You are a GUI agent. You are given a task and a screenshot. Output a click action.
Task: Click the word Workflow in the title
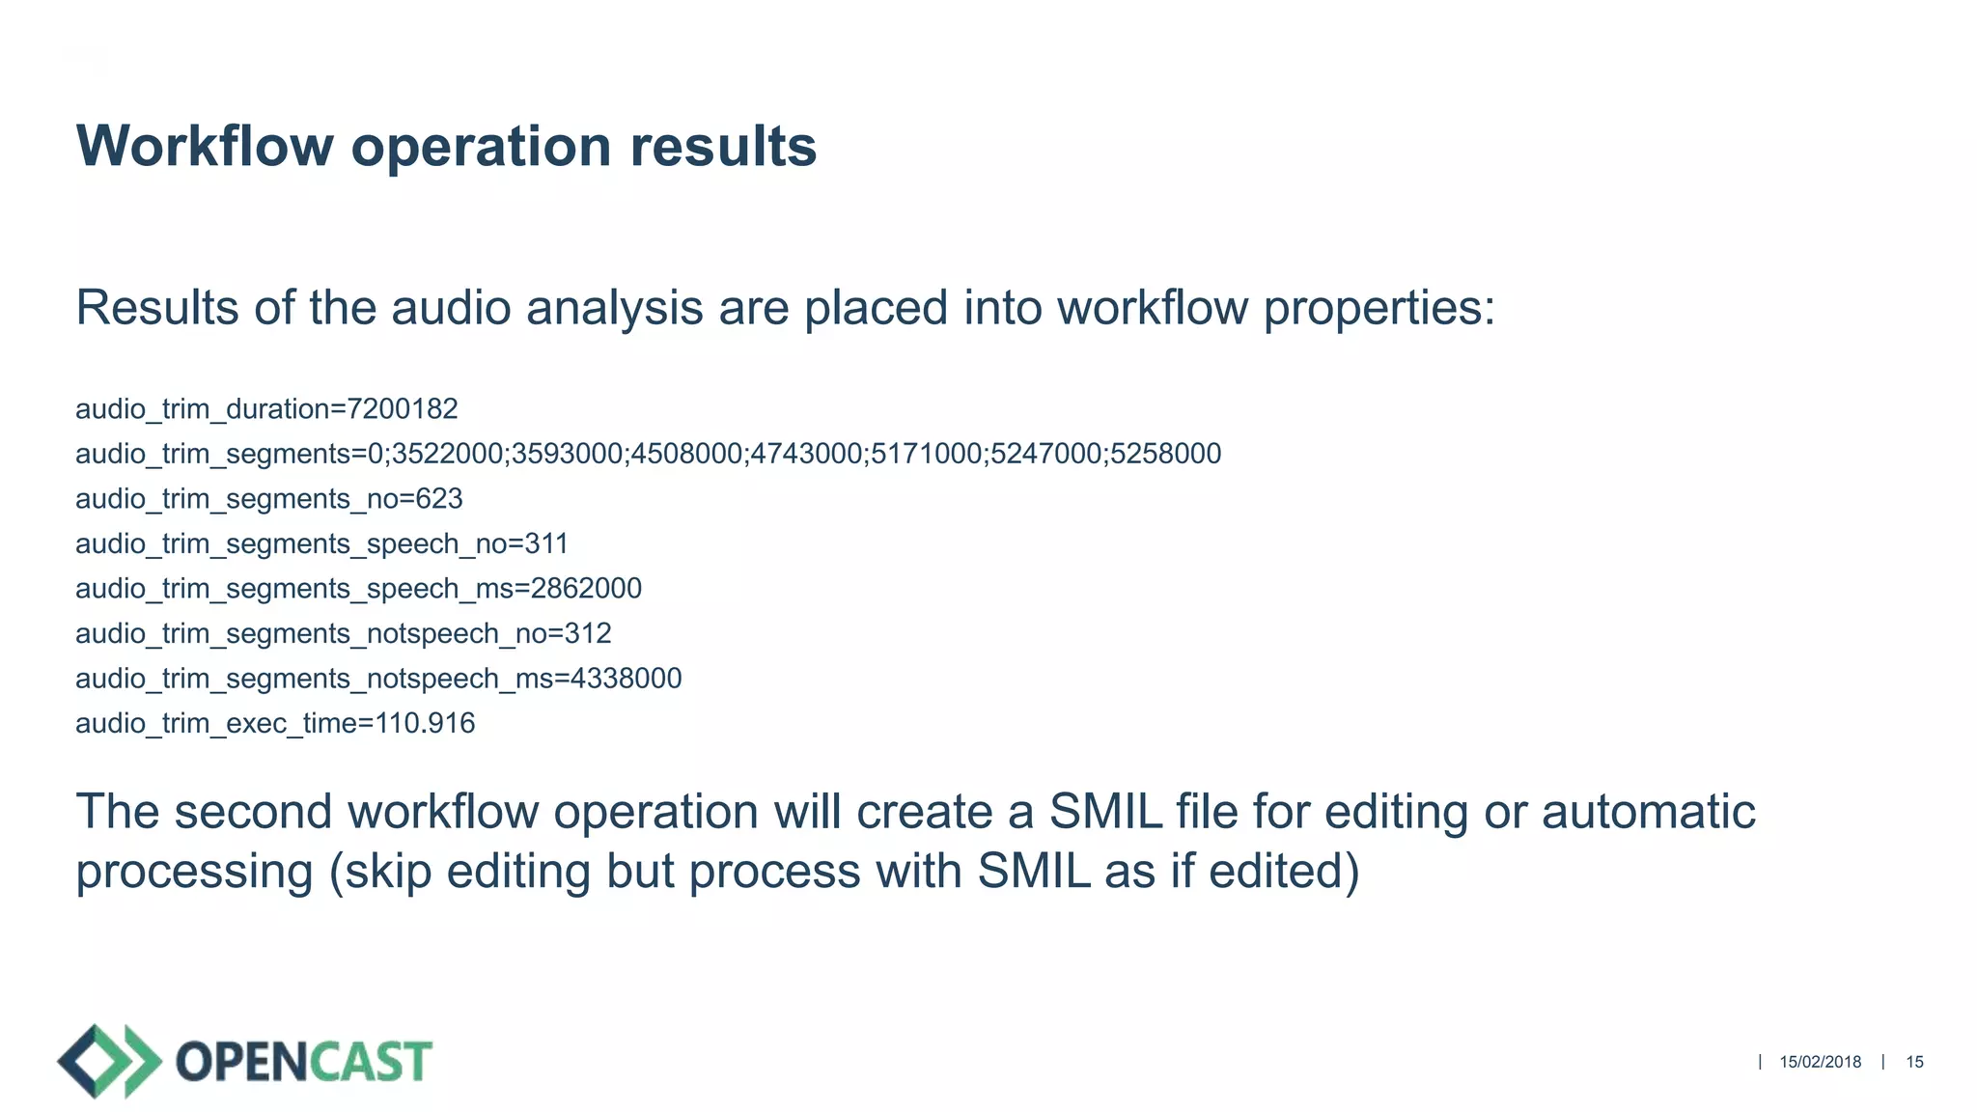(x=205, y=147)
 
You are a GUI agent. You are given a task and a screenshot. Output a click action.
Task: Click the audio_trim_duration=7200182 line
(x=266, y=409)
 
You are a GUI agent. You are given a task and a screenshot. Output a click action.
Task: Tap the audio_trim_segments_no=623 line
(x=269, y=499)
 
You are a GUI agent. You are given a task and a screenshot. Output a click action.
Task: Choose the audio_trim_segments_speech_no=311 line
(x=321, y=544)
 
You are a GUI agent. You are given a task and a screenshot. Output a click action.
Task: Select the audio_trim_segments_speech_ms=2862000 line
(x=358, y=589)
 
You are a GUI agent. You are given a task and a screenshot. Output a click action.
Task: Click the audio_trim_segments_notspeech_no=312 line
(x=344, y=634)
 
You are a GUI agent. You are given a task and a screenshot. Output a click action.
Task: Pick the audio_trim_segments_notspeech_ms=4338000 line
(x=378, y=679)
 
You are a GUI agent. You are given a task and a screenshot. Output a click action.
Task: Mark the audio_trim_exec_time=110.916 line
(x=275, y=724)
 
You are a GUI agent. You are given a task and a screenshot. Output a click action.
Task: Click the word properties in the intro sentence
(x=1378, y=309)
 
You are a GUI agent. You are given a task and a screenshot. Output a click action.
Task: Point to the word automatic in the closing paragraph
(x=1648, y=812)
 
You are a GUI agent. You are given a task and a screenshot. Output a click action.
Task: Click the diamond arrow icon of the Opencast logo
(x=108, y=1061)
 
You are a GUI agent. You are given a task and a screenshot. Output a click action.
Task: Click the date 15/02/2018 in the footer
(x=1820, y=1062)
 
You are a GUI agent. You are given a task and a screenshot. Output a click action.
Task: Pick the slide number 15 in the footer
(x=1914, y=1062)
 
